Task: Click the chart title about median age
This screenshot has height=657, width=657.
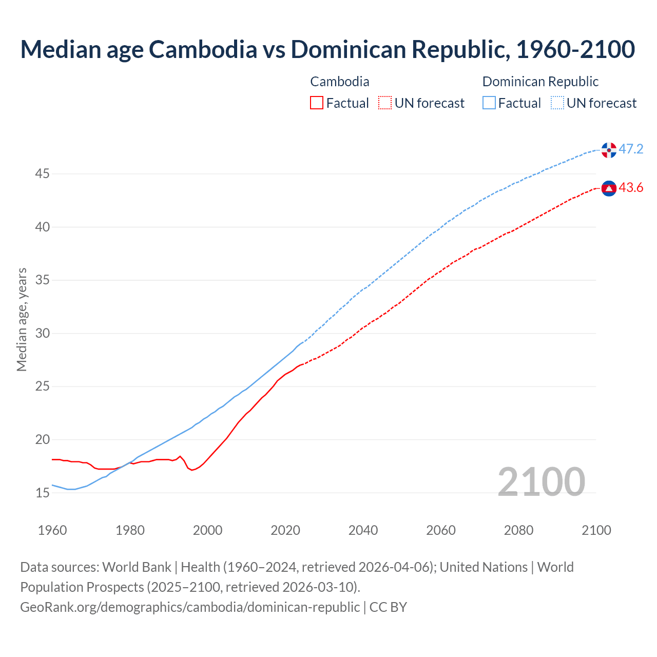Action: [327, 49]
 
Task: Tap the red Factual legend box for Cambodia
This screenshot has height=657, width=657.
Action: [317, 103]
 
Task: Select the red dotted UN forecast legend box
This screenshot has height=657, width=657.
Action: [385, 103]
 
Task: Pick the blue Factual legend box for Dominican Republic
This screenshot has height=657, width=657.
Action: [489, 103]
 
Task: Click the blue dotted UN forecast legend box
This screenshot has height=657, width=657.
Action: [557, 103]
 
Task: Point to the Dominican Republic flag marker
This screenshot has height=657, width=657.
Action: [609, 150]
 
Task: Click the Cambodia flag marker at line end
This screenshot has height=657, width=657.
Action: [609, 189]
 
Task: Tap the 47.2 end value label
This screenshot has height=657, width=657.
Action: [631, 149]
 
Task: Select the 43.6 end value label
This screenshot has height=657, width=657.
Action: [631, 188]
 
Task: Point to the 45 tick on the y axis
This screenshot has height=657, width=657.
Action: [42, 174]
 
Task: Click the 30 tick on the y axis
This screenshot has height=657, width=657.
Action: [42, 334]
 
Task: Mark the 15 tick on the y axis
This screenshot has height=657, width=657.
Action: [42, 493]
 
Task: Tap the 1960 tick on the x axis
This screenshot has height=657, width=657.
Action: [52, 530]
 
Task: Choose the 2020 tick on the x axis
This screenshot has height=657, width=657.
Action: [285, 530]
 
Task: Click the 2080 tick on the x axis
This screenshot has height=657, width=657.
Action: [518, 530]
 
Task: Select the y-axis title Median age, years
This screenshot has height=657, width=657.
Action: [22, 319]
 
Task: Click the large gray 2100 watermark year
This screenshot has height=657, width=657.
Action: [541, 481]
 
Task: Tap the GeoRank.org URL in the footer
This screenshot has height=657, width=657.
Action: [190, 607]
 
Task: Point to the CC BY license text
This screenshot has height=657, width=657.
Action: [388, 607]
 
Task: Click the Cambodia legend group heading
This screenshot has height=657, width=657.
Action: [340, 82]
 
